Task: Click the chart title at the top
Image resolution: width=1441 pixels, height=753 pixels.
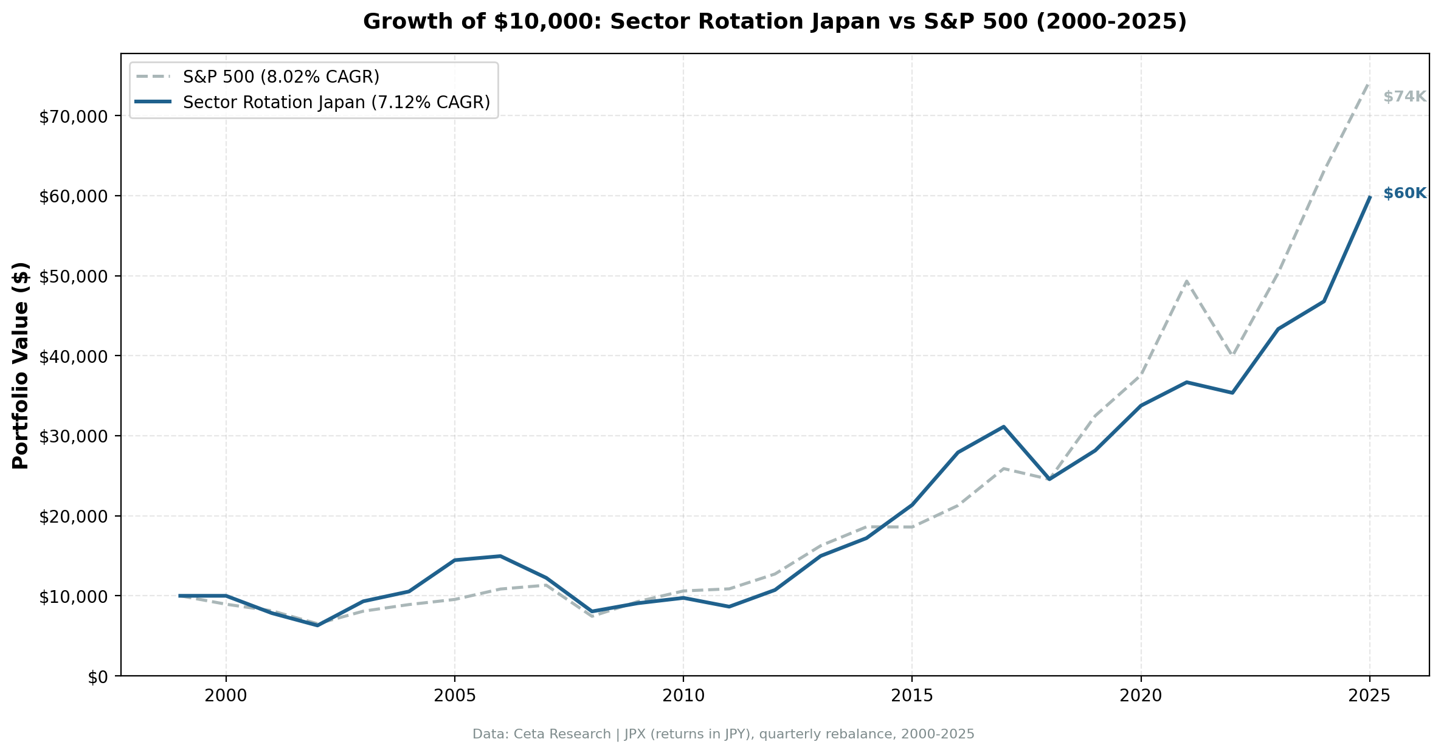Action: click(x=775, y=22)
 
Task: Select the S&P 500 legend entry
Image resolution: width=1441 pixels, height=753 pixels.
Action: click(x=281, y=77)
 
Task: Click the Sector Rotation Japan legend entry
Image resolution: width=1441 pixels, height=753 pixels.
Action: click(x=336, y=102)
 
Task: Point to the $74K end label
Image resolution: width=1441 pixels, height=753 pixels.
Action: click(x=1404, y=97)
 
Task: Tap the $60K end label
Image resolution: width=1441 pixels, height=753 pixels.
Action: click(x=1404, y=193)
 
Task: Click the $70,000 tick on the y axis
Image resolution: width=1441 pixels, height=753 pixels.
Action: click(x=77, y=116)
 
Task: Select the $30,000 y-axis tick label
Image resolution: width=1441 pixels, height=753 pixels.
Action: click(x=77, y=436)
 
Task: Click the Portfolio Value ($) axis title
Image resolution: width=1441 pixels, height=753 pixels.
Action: click(x=21, y=365)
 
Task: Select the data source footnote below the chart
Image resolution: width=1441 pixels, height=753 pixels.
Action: click(x=723, y=734)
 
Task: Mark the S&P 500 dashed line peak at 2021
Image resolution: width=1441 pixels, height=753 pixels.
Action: click(x=1186, y=281)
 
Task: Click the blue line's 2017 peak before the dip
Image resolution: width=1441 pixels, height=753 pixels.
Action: click(x=1003, y=427)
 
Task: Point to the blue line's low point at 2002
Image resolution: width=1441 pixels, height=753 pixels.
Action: click(x=317, y=625)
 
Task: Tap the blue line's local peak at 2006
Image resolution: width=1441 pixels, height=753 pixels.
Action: click(x=500, y=556)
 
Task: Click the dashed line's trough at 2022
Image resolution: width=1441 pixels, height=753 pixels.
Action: click(x=1232, y=356)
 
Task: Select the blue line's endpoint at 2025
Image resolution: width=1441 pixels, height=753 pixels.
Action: click(x=1369, y=197)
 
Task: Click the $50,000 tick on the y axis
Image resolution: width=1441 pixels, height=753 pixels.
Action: click(x=77, y=276)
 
